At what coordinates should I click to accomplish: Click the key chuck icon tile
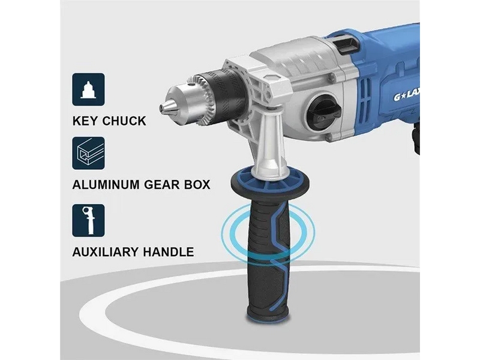[88, 89]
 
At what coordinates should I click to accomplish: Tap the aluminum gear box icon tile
[88, 154]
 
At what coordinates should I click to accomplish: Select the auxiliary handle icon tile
[88, 220]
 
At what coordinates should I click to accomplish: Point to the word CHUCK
[124, 121]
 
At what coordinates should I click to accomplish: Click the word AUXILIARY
[106, 252]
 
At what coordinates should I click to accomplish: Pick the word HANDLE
[169, 252]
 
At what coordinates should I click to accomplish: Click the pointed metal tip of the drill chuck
[162, 107]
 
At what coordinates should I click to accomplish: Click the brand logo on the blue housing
[406, 98]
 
